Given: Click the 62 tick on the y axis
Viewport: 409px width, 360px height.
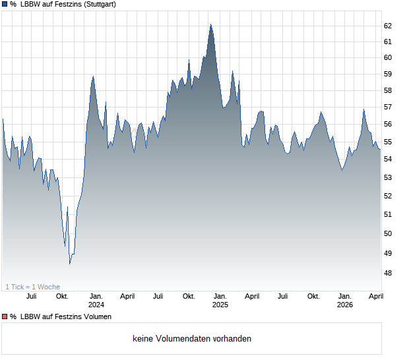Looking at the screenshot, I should [388, 26].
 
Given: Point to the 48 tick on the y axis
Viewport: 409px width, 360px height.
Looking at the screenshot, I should [388, 273].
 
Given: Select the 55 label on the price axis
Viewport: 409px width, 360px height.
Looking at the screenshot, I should [388, 142].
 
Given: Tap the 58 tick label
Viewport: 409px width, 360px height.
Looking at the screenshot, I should [388, 90].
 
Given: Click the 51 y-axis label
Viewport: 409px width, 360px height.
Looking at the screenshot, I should [388, 214].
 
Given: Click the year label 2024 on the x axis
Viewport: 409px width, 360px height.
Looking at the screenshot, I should [96, 305].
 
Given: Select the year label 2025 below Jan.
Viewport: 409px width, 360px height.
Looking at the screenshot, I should [220, 305].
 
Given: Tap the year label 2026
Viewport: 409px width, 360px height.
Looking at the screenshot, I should [344, 305].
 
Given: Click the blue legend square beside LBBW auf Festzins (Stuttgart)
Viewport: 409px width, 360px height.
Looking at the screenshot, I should [5, 5].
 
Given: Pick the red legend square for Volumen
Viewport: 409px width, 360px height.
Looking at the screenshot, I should [5, 316].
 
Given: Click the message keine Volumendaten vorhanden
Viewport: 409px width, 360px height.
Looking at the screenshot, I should [192, 339].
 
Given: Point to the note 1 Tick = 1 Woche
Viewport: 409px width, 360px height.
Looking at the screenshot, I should [33, 287].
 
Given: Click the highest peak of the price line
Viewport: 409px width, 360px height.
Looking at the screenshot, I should [210, 24].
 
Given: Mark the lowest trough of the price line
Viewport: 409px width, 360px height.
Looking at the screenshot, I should [70, 264].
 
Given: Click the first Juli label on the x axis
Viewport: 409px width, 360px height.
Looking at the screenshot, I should [31, 296].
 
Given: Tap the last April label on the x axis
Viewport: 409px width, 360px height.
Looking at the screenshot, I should [375, 296].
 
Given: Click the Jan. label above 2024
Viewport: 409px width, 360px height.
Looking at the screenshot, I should [96, 296].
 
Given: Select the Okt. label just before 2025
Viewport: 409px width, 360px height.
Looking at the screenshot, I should [189, 296].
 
